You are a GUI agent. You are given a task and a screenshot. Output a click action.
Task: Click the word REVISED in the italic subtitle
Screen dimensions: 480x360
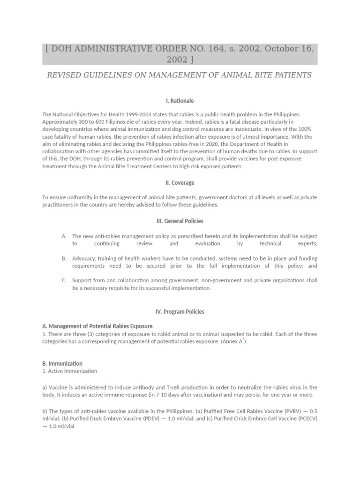click(x=65, y=75)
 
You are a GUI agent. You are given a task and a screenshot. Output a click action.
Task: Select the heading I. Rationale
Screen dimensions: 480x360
click(x=180, y=101)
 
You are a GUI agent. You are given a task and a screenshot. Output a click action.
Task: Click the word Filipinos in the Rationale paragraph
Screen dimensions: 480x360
click(x=104, y=121)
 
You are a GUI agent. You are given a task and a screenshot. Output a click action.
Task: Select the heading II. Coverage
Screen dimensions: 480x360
click(x=180, y=183)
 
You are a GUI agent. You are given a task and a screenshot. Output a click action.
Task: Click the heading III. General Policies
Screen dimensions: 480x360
click(x=180, y=221)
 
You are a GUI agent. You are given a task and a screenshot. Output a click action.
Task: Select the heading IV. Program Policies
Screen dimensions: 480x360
click(x=180, y=311)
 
